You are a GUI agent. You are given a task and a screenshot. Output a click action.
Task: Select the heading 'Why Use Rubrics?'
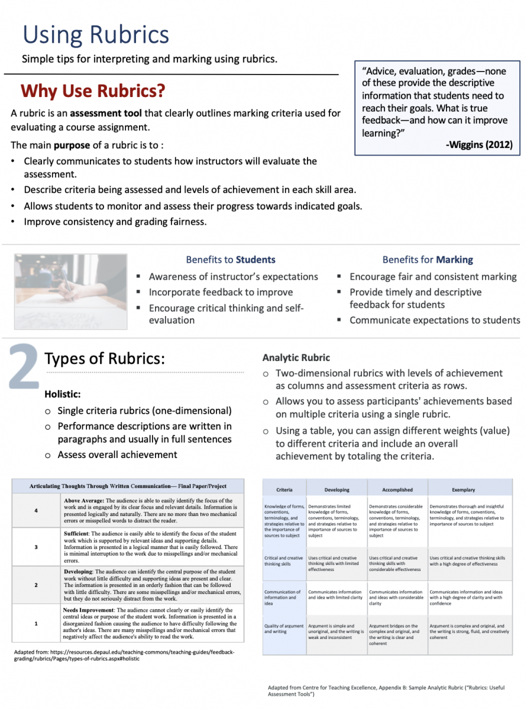pos(93,91)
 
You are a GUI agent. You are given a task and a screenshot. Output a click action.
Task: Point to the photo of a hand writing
pos(70,291)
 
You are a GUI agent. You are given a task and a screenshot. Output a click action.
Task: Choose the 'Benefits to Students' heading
pos(231,260)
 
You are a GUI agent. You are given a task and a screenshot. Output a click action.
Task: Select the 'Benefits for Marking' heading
pos(428,260)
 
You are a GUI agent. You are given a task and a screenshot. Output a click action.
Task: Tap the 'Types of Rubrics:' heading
pos(105,359)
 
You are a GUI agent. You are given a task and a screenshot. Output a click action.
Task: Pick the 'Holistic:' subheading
pos(63,393)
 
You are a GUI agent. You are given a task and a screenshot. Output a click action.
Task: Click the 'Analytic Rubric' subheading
pos(296,358)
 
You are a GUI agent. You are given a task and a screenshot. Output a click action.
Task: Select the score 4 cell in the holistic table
pos(37,511)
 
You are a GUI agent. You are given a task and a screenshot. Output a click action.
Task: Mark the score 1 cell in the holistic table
pos(37,623)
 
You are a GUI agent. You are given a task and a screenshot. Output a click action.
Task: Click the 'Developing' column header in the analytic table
pos(337,490)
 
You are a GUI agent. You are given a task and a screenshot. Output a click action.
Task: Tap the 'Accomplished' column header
pos(397,490)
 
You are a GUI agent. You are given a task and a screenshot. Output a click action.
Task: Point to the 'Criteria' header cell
pos(284,490)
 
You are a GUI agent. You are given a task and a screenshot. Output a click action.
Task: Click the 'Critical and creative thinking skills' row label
pos(284,561)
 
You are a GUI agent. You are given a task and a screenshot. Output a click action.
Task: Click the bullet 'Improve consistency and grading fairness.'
pos(115,222)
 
